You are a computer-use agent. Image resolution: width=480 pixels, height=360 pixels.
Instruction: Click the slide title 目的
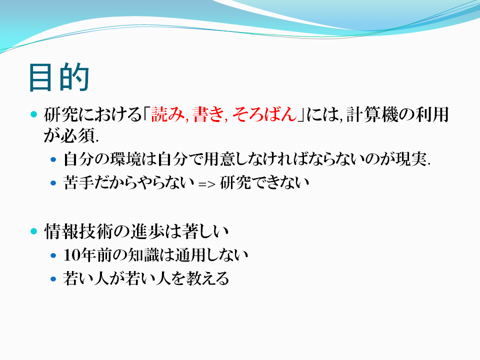pyautogui.click(x=59, y=77)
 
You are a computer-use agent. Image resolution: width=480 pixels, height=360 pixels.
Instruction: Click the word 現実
pyautogui.click(x=411, y=159)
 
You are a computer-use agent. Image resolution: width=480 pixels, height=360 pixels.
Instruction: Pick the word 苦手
pyautogui.click(x=78, y=183)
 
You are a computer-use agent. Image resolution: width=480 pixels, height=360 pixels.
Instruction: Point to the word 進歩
pyautogui.click(x=147, y=231)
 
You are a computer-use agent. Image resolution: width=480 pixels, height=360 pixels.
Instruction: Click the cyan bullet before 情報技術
pyautogui.click(x=33, y=231)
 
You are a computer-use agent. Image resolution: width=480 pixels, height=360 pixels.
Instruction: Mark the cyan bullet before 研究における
pyautogui.click(x=33, y=114)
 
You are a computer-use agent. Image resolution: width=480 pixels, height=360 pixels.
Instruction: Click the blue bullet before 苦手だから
pyautogui.click(x=53, y=183)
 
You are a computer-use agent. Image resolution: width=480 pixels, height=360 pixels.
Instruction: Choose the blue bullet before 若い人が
pyautogui.click(x=53, y=279)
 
